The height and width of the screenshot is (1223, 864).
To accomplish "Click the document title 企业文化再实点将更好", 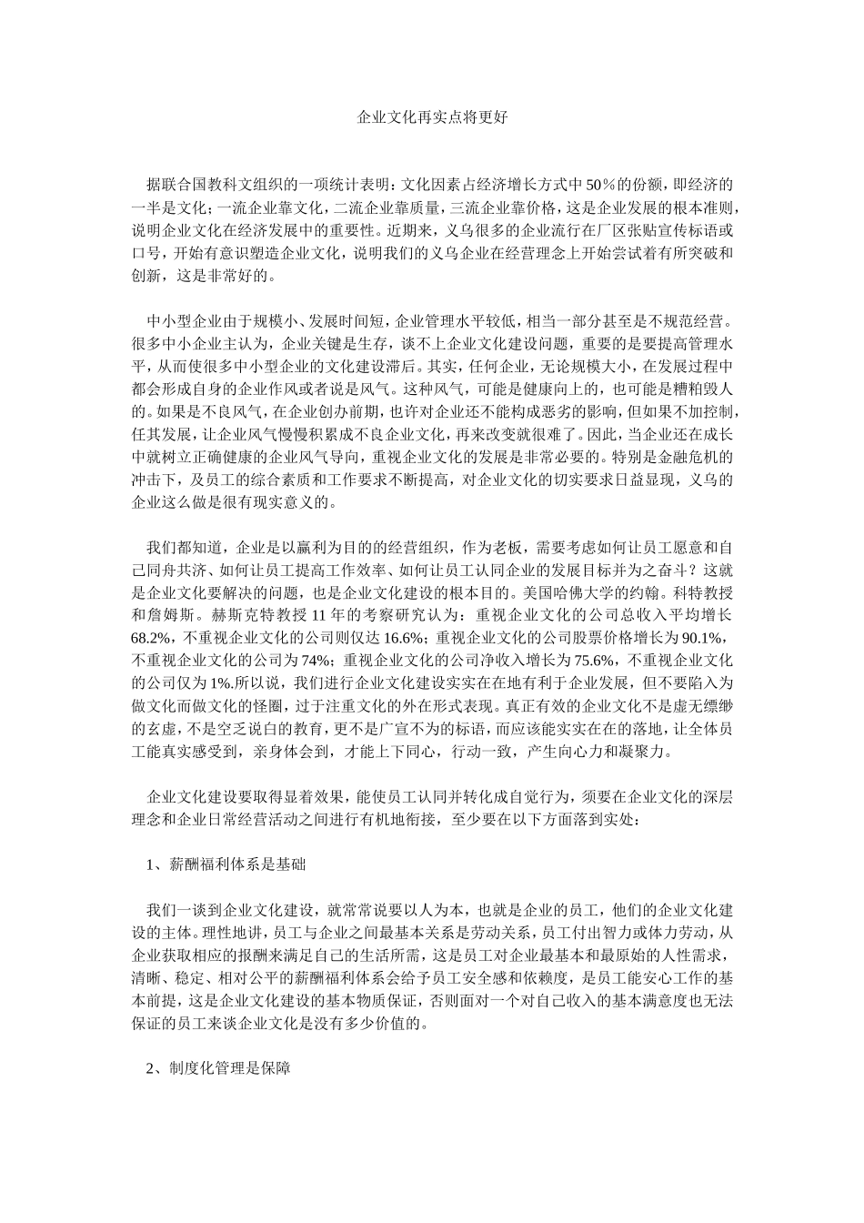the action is coord(432,118).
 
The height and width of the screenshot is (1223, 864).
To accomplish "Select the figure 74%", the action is coord(312,660).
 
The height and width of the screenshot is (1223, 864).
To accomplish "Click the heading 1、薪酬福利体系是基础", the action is coord(226,865).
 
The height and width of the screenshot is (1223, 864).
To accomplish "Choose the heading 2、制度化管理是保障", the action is coord(218,1069).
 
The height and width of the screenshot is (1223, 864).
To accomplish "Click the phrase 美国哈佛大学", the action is coord(547,592).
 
